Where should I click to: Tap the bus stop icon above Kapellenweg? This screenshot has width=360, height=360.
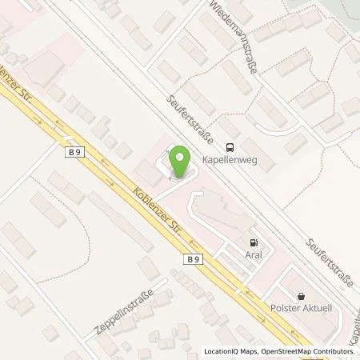230,146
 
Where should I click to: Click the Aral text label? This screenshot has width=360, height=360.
254,256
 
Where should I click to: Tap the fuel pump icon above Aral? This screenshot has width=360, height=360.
254,243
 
